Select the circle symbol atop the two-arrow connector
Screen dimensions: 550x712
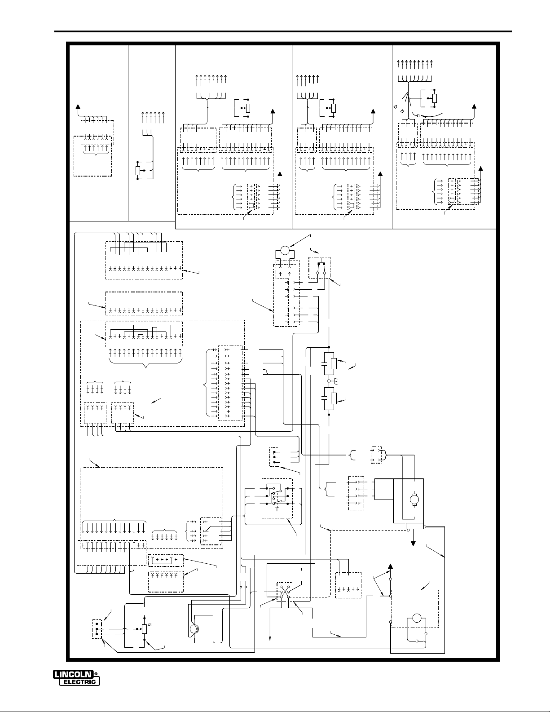click(x=283, y=250)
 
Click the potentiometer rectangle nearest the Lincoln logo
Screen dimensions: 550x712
click(x=144, y=628)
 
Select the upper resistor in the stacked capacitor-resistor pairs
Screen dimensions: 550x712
click(x=333, y=363)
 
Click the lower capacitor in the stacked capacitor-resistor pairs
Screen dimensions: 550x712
click(x=325, y=398)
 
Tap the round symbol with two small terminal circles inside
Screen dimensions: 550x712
click(x=194, y=629)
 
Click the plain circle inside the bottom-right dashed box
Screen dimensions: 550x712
click(x=414, y=619)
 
